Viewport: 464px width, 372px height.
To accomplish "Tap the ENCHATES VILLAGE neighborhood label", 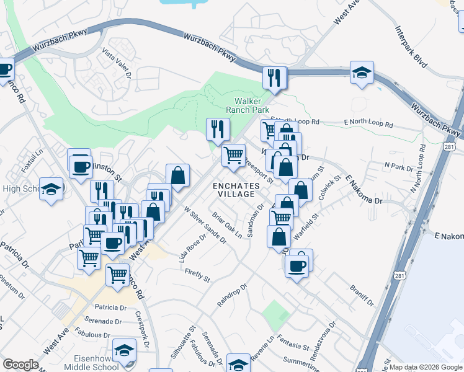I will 234,189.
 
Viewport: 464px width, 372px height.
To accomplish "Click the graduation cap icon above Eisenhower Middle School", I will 125,349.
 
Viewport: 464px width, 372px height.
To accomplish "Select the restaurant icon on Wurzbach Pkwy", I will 274,77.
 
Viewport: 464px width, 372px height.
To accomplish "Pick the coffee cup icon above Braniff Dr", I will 298,263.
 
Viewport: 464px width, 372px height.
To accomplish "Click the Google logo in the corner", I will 20,365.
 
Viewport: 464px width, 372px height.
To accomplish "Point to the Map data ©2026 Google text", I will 426,367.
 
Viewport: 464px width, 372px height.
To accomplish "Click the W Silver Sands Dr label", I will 204,225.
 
